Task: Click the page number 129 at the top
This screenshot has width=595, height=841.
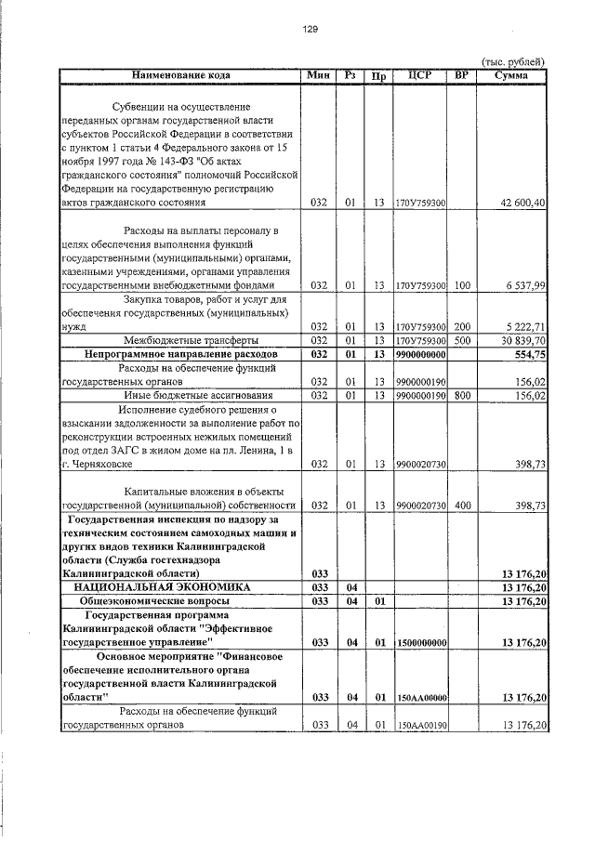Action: point(311,29)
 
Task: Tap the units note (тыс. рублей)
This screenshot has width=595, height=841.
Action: point(512,61)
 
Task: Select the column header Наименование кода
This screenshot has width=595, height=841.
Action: point(180,74)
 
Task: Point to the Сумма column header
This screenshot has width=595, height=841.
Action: point(512,74)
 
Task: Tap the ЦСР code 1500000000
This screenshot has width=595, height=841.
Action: point(423,642)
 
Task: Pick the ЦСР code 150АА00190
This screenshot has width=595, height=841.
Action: point(423,725)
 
